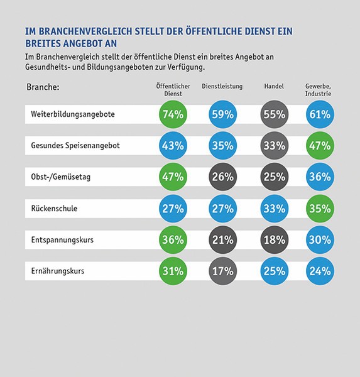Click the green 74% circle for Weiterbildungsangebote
click(173, 114)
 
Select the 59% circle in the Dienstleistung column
click(222, 114)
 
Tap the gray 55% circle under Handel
click(274, 114)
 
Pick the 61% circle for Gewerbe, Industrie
click(320, 114)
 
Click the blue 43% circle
click(173, 146)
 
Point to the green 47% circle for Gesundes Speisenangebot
click(320, 146)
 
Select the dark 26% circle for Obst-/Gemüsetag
click(222, 177)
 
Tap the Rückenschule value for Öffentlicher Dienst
click(173, 209)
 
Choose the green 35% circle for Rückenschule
click(320, 209)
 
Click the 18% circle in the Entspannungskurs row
click(274, 240)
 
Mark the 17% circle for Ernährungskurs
click(222, 271)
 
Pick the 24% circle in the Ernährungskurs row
click(320, 271)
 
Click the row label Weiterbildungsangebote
click(73, 114)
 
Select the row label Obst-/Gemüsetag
click(61, 177)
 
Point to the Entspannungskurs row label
click(62, 240)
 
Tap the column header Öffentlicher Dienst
click(173, 90)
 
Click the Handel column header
click(274, 86)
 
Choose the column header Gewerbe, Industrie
click(318, 90)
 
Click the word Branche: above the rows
click(43, 87)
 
